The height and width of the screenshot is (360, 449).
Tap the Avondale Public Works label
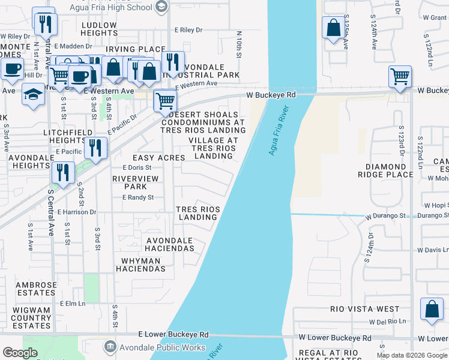155,347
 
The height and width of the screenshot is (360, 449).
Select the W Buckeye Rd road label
271,95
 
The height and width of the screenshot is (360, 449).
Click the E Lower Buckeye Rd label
173,334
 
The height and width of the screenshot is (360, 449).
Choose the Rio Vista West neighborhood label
364,309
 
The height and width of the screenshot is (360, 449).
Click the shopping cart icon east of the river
400,77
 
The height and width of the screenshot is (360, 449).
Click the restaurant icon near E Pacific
95,148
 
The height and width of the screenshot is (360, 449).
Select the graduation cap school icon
33,94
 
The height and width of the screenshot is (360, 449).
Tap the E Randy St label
138,197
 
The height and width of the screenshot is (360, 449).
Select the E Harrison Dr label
76,212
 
